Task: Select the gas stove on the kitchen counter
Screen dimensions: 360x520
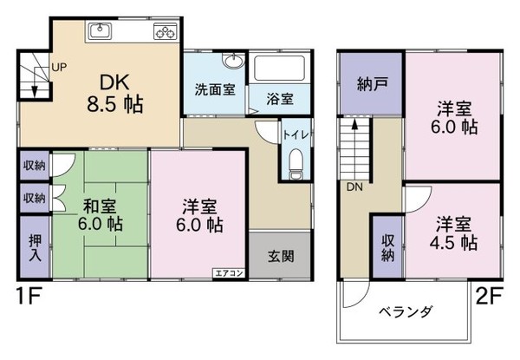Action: (165, 32)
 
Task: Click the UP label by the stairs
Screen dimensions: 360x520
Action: (59, 66)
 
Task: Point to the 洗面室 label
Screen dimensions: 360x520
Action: (212, 89)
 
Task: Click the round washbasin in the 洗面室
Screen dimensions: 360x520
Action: (232, 62)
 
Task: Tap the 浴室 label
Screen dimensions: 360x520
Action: (280, 98)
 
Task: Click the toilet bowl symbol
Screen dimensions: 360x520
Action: (294, 162)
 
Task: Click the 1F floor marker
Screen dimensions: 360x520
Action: (27, 298)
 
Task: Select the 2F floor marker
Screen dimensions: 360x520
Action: (491, 298)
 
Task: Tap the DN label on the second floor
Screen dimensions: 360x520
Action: (354, 187)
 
